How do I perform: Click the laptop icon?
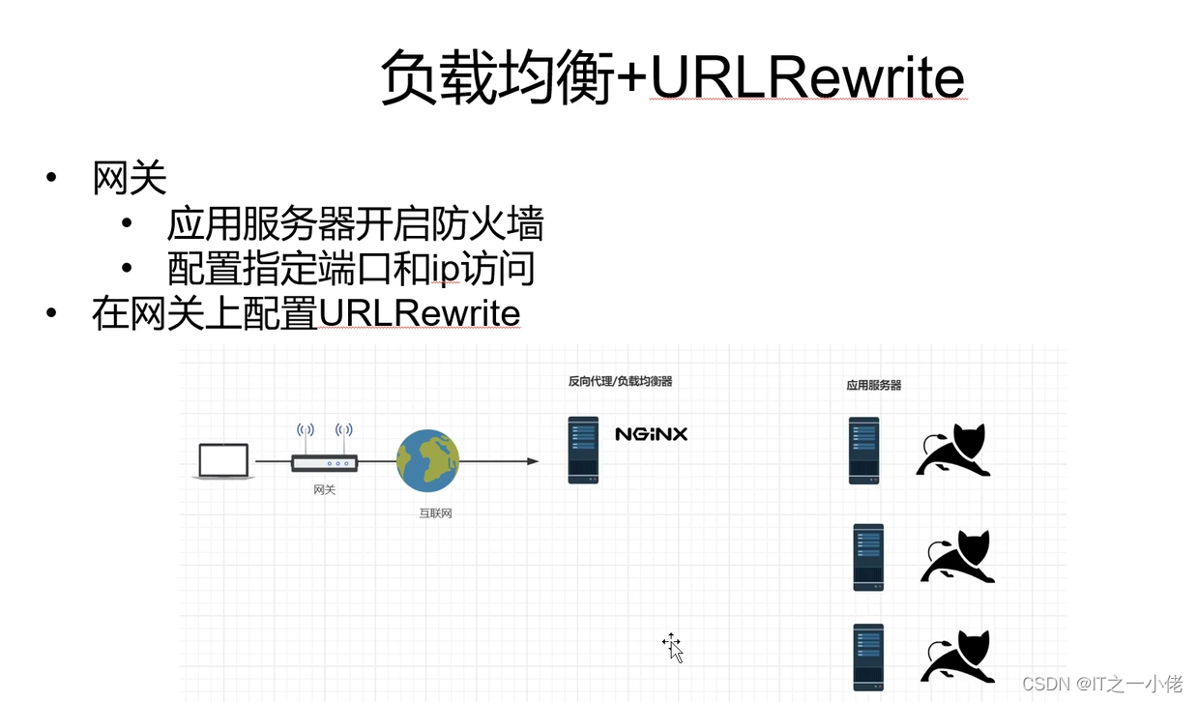coord(223,461)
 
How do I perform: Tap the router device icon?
coord(325,462)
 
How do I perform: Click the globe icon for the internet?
coord(427,461)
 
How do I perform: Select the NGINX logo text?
coord(651,434)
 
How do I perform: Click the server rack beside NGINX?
coord(583,450)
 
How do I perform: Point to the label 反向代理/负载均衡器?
coord(620,381)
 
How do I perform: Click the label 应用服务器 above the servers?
coord(874,385)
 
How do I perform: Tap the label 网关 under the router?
coord(325,490)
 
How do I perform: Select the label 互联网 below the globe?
coord(435,513)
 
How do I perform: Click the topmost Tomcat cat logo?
coord(953,451)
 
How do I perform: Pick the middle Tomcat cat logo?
coord(957,557)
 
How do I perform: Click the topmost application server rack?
coord(864,450)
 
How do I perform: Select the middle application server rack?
coord(868,557)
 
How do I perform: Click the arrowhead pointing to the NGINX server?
coord(532,461)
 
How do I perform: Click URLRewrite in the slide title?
coord(807,78)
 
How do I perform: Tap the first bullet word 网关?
coord(130,179)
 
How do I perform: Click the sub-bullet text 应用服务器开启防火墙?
coord(355,224)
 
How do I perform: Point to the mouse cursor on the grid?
coord(673,647)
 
